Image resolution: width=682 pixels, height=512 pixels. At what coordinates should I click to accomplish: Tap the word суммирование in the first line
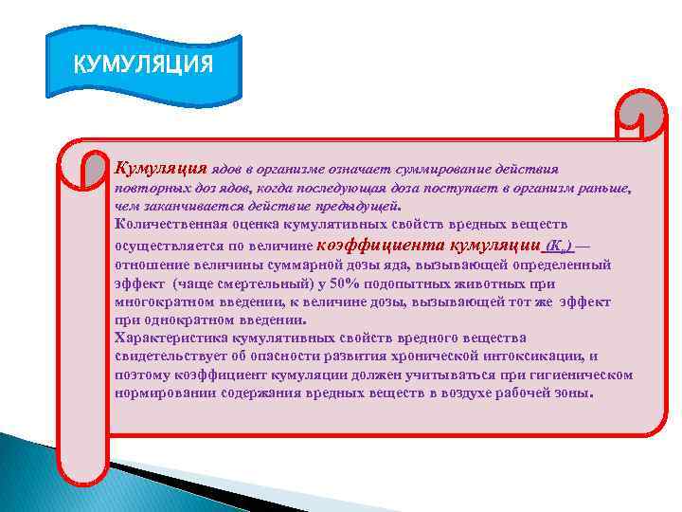443,169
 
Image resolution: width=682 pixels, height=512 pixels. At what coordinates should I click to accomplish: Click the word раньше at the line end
602,189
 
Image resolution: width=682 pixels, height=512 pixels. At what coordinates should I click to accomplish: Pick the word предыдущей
363,205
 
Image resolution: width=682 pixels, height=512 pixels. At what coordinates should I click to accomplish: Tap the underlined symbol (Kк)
559,246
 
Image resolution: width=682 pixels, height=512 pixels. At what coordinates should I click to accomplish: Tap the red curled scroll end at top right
642,119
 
